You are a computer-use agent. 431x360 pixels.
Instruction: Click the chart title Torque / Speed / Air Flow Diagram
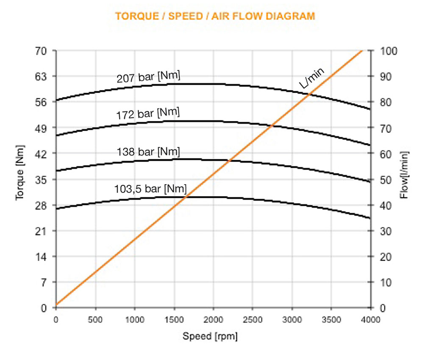click(x=215, y=17)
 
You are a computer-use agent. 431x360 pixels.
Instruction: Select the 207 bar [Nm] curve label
click(x=148, y=77)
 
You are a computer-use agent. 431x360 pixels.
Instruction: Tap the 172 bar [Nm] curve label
click(x=148, y=113)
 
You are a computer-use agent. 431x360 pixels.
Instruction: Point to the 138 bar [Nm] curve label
click(x=148, y=152)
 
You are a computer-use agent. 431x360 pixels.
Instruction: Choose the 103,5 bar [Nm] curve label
click(x=150, y=188)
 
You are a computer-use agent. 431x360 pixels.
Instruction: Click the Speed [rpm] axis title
click(x=210, y=336)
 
